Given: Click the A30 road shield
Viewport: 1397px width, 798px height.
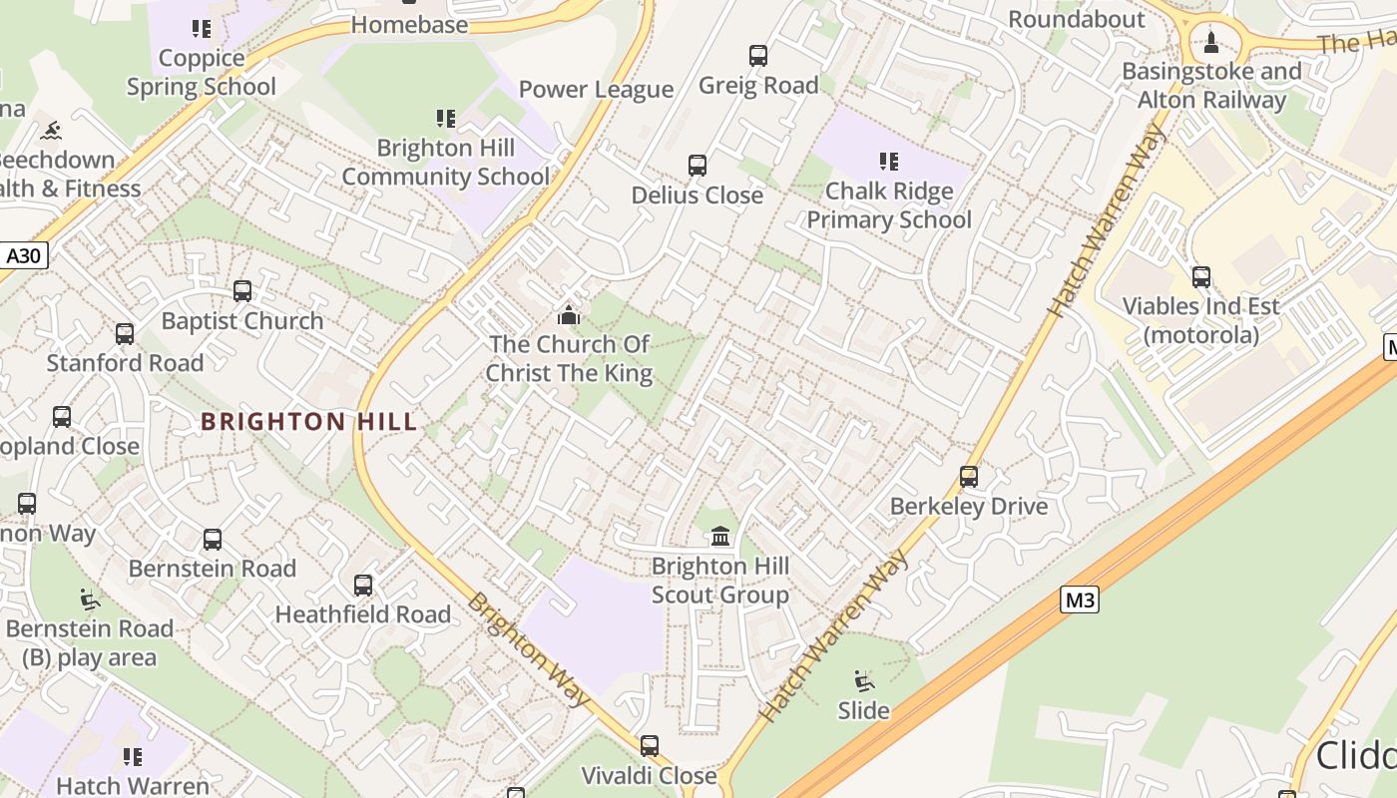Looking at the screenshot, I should [x=23, y=256].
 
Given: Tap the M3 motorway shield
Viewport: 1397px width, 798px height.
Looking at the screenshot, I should [x=1080, y=600].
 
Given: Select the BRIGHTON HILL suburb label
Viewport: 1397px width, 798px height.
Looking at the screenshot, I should [x=309, y=422].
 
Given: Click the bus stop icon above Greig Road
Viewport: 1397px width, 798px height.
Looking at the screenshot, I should [x=758, y=56].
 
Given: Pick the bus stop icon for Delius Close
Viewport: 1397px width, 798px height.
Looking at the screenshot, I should [x=698, y=166].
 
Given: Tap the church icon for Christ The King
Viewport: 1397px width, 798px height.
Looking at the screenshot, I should [x=569, y=315].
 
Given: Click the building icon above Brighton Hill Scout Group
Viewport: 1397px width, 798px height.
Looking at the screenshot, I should [x=720, y=537].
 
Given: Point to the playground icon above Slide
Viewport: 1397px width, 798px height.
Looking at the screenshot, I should [x=864, y=681].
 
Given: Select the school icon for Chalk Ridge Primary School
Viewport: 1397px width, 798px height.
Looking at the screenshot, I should [x=889, y=162].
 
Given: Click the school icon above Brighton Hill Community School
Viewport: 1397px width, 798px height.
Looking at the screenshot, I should [x=446, y=119].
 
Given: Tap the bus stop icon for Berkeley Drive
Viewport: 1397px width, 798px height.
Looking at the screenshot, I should [x=969, y=477].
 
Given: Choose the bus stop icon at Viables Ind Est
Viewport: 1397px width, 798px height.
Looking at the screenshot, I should [x=1201, y=277].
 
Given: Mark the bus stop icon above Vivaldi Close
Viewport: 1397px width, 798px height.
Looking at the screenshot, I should [x=650, y=746].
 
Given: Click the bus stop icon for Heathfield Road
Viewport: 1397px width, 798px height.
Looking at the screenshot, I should [x=363, y=586].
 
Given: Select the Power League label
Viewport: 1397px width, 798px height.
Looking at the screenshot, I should [x=596, y=90].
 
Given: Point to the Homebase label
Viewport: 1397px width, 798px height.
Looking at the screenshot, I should [x=409, y=25].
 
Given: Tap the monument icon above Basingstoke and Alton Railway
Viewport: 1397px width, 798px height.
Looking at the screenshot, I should [x=1211, y=43].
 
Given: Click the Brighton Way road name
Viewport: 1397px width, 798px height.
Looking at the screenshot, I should [x=528, y=649].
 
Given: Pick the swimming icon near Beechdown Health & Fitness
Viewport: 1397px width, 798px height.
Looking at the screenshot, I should [x=50, y=131].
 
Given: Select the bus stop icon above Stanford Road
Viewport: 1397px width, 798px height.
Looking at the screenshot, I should [x=125, y=334].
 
